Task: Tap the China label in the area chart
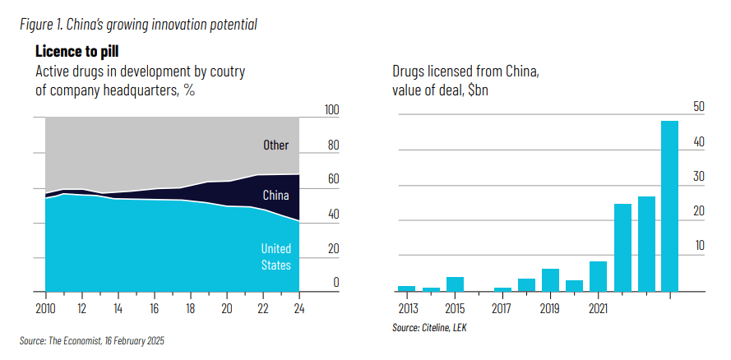pos(275,195)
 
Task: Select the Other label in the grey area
pos(276,145)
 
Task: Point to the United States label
pos(276,256)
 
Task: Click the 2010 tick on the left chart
pos(45,308)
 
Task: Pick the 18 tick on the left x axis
pos(191,308)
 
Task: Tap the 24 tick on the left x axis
pos(299,308)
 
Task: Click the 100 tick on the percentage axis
pos(332,110)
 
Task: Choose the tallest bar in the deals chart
pos(669,205)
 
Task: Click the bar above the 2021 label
pos(598,276)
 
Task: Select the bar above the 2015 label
pos(455,284)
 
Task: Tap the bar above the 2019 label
pos(550,279)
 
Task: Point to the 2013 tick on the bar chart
pos(407,308)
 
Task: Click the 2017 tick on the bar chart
pos(502,308)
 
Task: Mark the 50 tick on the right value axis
pos(699,106)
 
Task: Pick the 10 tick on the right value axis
pos(699,245)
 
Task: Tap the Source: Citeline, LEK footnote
pos(429,327)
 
